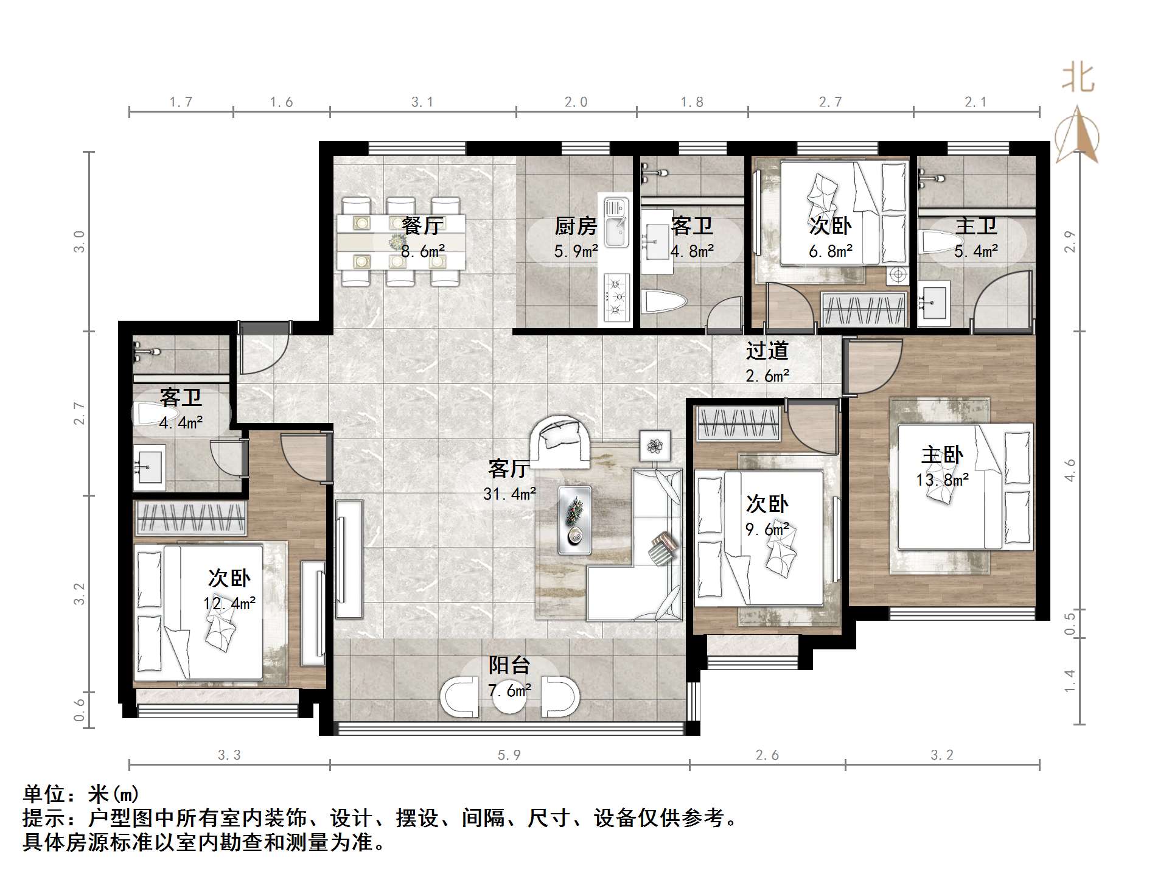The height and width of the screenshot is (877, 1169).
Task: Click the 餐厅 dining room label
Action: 422,226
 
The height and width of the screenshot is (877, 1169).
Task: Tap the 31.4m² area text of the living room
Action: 509,494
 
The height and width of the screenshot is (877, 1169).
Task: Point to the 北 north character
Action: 1078,79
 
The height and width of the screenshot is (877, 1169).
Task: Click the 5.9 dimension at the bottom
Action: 509,755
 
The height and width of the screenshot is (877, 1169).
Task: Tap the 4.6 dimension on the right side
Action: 1070,470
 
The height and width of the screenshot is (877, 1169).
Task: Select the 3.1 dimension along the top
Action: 422,102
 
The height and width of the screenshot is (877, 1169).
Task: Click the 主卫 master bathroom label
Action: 975,226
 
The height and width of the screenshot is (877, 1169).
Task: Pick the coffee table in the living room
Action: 574,519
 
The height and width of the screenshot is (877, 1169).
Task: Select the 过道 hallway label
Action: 767,351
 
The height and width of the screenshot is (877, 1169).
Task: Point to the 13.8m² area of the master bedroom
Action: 942,480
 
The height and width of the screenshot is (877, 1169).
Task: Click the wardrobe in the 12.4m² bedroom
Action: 190,518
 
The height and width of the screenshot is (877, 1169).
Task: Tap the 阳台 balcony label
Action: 509,665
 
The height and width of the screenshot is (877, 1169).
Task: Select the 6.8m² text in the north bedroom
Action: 830,251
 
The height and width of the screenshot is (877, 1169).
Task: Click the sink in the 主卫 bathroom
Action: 933,302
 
